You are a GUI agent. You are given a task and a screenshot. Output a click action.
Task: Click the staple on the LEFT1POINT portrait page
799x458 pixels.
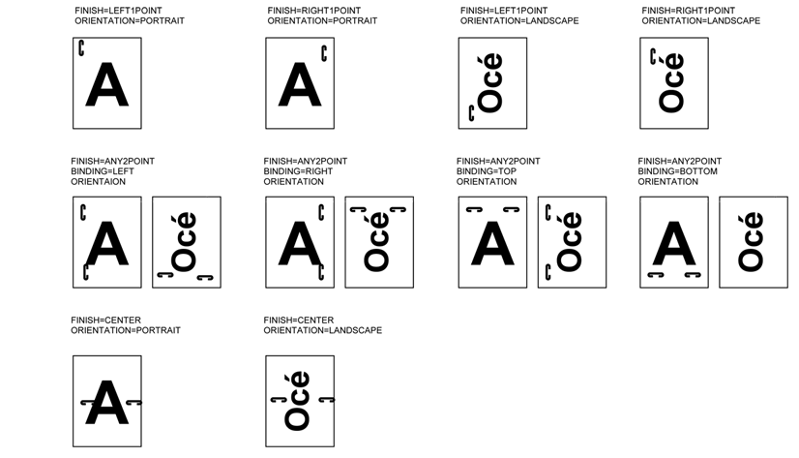(81, 48)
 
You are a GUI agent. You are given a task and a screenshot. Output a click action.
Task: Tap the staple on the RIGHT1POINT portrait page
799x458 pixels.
(324, 53)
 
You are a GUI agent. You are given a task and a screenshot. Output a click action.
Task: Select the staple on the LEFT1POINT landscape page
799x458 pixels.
(471, 113)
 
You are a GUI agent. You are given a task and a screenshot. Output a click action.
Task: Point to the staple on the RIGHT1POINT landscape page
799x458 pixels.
(653, 56)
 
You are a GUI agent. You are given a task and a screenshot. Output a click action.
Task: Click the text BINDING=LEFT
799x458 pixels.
(103, 171)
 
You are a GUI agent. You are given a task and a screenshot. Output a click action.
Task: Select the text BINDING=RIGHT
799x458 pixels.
(298, 171)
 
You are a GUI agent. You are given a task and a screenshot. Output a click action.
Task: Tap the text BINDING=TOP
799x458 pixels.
(487, 171)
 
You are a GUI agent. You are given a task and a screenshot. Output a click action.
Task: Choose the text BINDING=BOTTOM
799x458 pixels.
(678, 171)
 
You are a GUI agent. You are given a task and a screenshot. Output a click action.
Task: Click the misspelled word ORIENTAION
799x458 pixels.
(99, 182)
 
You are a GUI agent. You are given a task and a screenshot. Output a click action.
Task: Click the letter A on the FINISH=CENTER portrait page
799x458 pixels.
(107, 403)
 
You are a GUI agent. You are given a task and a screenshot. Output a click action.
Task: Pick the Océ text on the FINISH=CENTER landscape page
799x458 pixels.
(297, 400)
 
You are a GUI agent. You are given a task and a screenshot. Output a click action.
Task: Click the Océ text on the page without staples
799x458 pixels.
(751, 242)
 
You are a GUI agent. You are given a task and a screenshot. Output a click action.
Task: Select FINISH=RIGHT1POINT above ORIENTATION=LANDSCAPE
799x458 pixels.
(689, 11)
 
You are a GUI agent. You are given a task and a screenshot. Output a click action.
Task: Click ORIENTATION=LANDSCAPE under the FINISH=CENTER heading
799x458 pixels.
(322, 330)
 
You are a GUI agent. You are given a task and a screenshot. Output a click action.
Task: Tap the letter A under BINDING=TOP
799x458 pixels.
(492, 243)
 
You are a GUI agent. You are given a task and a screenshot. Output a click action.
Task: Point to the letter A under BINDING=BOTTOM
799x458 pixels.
(674, 243)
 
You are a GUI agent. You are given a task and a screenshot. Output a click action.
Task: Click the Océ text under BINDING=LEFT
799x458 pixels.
(184, 242)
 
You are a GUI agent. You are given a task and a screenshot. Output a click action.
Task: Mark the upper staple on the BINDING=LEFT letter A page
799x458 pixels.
(83, 212)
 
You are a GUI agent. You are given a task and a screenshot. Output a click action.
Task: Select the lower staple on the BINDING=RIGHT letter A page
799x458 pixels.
(321, 272)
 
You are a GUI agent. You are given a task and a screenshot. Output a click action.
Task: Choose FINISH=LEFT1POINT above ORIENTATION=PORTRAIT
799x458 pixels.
(118, 11)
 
